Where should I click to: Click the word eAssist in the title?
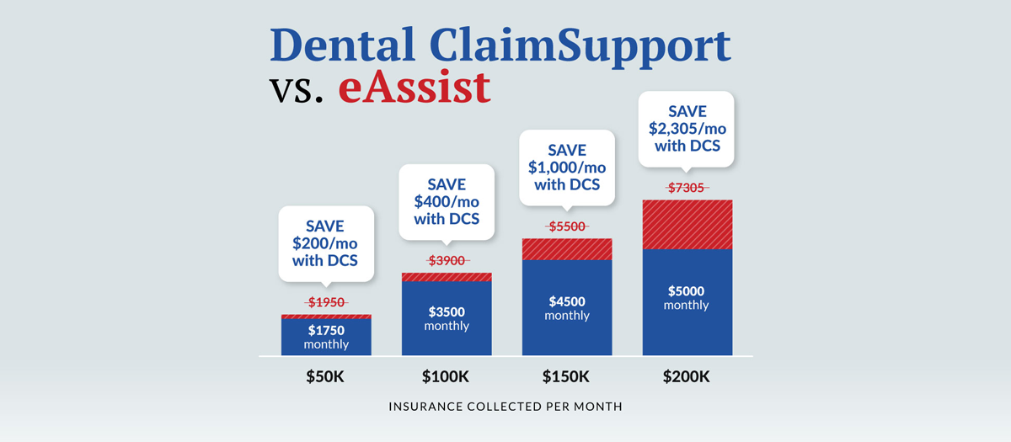415,88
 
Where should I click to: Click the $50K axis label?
325,376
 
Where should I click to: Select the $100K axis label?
446,376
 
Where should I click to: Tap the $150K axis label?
566,376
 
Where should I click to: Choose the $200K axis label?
687,376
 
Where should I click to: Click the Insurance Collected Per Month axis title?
505,407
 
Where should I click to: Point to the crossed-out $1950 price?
326,302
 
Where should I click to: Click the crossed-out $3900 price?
447,261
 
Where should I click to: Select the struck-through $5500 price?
567,226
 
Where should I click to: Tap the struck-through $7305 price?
687,188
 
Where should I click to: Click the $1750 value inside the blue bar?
326,331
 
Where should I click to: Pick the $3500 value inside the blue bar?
447,312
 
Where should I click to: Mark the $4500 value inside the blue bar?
567,302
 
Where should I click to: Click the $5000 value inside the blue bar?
687,291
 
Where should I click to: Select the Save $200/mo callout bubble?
326,242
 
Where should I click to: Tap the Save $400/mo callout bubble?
447,200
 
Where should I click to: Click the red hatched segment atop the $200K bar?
687,224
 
